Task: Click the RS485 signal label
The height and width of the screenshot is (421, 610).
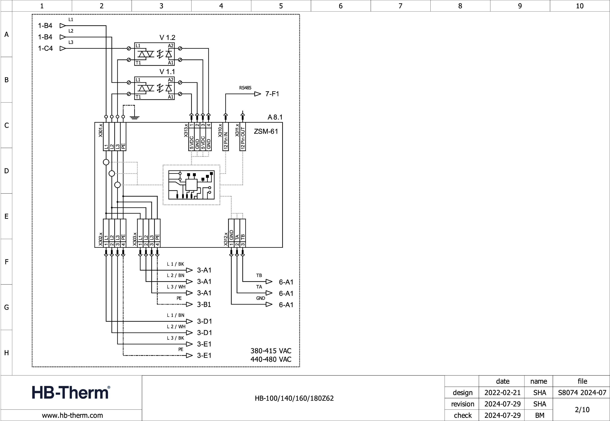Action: coord(245,88)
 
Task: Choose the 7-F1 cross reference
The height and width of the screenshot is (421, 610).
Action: coord(272,94)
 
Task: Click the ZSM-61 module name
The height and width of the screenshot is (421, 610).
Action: coord(266,131)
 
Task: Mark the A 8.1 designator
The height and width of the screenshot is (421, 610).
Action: coord(275,117)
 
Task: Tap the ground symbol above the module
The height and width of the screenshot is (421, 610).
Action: coord(135,117)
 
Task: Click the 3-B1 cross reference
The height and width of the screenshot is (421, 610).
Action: coord(204,305)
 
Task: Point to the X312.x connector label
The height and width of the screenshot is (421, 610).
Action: coord(226,239)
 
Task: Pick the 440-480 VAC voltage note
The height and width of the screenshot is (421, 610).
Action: coord(271,359)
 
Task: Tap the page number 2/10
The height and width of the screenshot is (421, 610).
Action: coord(582,410)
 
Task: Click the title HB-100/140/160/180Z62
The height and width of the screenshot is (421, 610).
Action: coord(294,398)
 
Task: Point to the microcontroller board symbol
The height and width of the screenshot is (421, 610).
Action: coord(191,185)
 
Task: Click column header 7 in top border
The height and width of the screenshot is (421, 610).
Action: coord(400,6)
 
